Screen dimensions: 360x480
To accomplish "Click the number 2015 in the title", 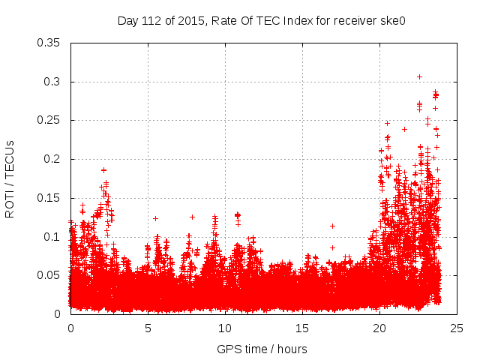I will (x=192, y=21).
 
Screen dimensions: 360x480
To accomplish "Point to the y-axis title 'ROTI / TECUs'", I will (x=10, y=178).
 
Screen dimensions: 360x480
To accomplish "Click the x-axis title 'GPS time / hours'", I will (x=262, y=349).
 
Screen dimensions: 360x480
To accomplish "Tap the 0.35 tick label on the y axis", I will (x=50, y=43).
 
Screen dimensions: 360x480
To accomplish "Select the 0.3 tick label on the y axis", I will (x=53, y=82).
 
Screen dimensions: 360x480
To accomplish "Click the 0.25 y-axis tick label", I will (x=50, y=120).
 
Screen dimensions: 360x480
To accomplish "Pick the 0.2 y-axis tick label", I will (x=53, y=159).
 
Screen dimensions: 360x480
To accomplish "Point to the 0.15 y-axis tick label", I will (x=50, y=198).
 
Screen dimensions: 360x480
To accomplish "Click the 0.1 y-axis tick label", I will (x=53, y=237).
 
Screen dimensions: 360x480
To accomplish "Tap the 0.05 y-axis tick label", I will (x=50, y=275).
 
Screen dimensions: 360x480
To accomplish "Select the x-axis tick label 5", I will (x=148, y=328).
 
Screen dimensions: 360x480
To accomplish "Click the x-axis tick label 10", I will (x=225, y=328).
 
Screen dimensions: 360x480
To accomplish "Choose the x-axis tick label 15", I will (x=302, y=328).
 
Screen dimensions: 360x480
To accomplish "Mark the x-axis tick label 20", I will (x=379, y=328).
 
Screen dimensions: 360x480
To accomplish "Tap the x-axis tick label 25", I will (x=457, y=328).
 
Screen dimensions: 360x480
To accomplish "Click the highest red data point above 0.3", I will (x=419, y=76).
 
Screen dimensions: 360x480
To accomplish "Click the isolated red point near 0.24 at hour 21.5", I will (x=404, y=129).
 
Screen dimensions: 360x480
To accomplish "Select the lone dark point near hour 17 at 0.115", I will (x=332, y=226).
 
